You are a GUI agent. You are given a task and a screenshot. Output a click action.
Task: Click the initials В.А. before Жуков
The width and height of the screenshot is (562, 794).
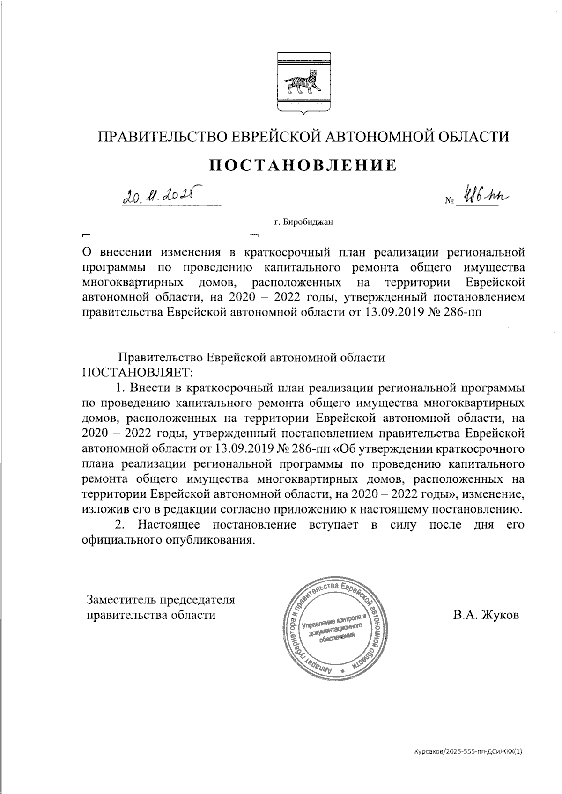point(463,615)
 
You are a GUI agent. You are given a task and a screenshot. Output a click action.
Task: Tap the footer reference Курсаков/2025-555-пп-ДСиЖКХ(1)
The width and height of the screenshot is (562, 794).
point(468,752)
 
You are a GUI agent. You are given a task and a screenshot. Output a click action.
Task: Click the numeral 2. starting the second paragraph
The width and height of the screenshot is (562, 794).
point(120,525)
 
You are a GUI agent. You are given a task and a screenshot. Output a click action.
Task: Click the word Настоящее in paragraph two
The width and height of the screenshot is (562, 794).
point(167,525)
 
